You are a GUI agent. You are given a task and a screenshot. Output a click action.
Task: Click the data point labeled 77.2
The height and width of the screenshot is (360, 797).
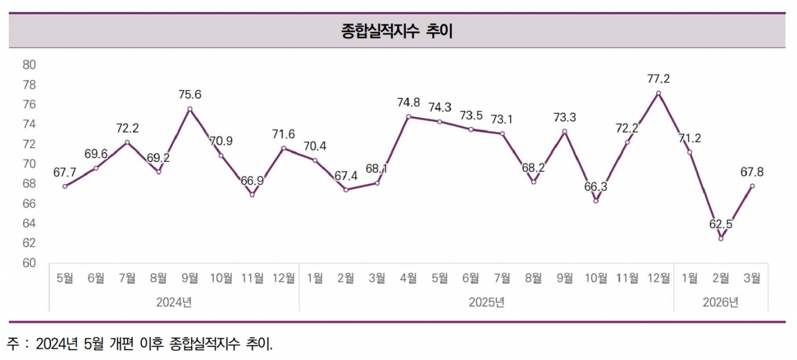(658, 93)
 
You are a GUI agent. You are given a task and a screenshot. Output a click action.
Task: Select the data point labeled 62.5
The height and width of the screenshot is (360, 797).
(720, 239)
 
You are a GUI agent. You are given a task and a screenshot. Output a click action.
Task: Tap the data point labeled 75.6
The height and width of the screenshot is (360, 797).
(190, 109)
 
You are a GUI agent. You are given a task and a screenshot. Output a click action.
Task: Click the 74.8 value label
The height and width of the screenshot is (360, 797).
(408, 103)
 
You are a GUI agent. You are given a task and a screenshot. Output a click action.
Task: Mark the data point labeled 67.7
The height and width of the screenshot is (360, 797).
(65, 186)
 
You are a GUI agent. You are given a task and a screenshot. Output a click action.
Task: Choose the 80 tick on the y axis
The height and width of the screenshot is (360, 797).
(29, 65)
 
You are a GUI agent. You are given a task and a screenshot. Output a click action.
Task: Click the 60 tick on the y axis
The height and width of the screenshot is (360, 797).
(29, 263)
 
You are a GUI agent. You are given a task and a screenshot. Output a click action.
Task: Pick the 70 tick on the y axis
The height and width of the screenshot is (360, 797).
(29, 164)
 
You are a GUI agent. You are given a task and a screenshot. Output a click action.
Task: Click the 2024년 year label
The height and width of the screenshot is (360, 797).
(174, 303)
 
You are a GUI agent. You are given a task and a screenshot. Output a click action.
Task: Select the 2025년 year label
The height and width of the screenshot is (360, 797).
(486, 303)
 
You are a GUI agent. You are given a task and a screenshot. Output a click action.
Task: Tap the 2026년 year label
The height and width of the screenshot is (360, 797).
(720, 303)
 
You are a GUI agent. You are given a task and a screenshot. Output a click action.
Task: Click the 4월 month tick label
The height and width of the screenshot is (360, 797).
(408, 278)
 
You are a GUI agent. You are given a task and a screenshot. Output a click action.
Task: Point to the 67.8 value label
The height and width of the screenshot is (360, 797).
(752, 172)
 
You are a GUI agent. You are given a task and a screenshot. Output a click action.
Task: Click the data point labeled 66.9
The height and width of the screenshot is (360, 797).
(252, 195)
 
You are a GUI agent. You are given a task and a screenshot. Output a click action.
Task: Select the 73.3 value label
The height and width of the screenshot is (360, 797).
(565, 116)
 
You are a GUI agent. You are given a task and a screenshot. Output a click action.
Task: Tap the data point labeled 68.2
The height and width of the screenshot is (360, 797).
(534, 182)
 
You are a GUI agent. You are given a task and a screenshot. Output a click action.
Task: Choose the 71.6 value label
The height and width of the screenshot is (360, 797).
(283, 133)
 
